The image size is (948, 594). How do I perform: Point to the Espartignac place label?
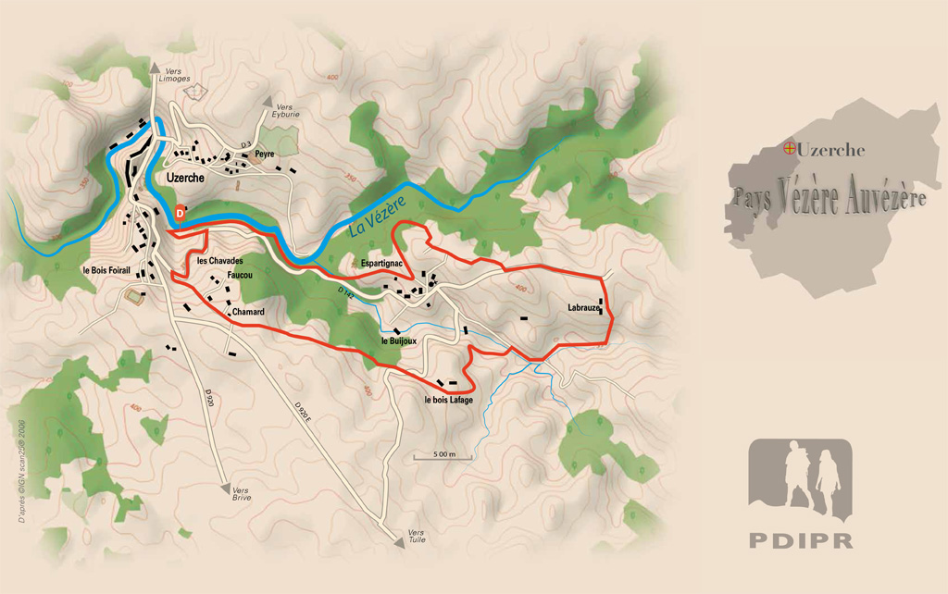coord(386,265)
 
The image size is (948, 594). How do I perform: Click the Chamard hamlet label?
coord(248,312)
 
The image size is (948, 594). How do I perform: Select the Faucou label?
coord(240,276)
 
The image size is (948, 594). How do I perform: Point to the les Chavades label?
coord(219,261)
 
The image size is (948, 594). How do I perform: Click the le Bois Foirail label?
coord(109,271)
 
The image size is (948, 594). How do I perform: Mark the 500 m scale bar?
coord(442,457)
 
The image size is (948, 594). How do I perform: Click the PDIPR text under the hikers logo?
coord(799,540)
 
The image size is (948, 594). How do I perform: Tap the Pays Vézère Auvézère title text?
coord(829,197)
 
